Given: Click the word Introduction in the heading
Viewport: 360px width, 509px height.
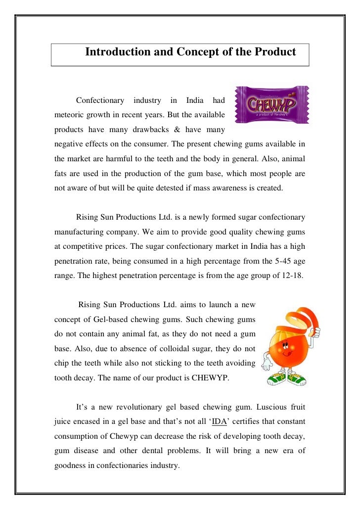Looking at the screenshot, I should tap(116, 52).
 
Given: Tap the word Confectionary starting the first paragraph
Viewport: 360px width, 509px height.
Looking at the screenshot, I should tap(100, 101).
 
